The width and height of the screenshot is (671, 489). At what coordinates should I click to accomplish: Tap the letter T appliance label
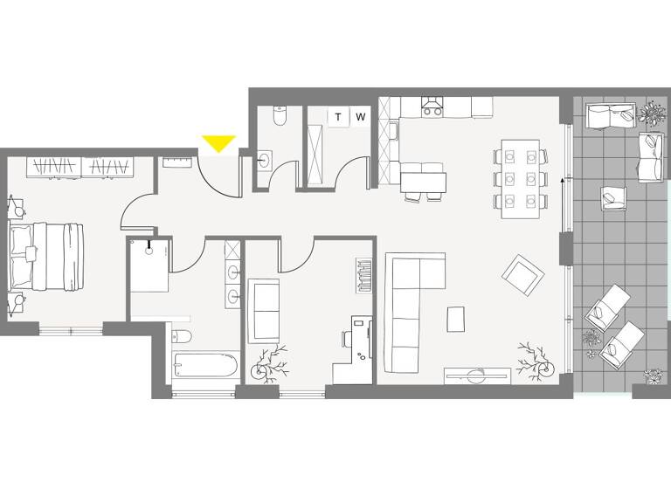(x=338, y=117)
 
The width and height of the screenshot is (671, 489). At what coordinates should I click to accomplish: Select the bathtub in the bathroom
(x=204, y=365)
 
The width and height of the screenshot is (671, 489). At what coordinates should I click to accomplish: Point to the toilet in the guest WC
(x=280, y=115)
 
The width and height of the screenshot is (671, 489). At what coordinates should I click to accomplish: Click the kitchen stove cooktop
(x=432, y=107)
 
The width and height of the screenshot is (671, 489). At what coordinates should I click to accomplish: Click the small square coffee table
(x=457, y=319)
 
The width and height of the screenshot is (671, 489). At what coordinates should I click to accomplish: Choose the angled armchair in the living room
(x=522, y=276)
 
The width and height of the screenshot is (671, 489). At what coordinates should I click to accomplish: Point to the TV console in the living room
(x=477, y=375)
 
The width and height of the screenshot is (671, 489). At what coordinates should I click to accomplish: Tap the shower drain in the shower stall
(x=149, y=250)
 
